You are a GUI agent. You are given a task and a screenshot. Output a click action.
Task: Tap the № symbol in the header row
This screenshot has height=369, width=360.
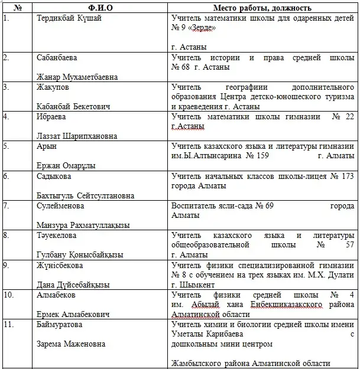[x=18, y=9]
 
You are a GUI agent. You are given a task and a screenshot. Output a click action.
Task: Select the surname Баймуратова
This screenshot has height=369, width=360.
[x=59, y=324]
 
